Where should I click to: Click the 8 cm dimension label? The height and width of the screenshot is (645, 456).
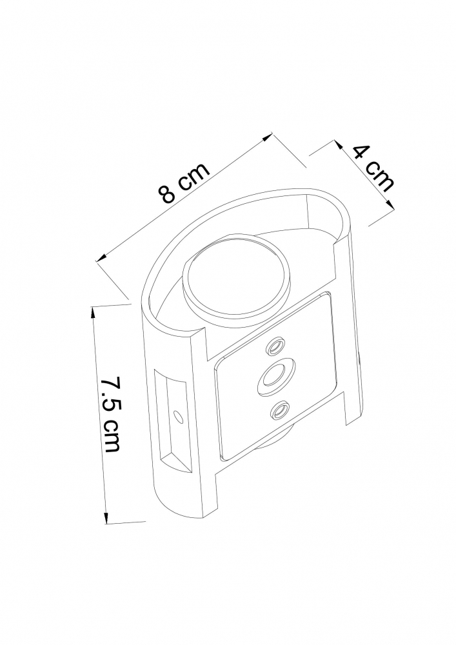(186, 183)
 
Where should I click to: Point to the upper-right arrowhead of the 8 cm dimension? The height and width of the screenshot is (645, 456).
(268, 135)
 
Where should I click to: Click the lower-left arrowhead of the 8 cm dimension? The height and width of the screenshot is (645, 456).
(101, 259)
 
